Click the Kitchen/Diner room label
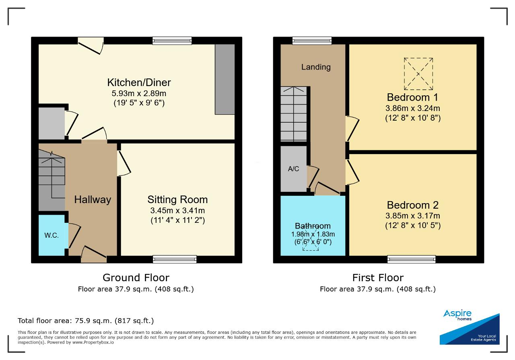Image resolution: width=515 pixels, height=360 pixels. (139, 83)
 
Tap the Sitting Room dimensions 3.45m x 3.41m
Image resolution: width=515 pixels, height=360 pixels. (177, 210)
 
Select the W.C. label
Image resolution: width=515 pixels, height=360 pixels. (51, 235)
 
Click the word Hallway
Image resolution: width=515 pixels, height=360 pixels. (93, 200)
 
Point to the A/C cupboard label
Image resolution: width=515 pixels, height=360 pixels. (293, 169)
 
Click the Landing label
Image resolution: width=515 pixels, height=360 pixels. (316, 67)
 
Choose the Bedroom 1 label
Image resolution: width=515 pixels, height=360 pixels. (413, 97)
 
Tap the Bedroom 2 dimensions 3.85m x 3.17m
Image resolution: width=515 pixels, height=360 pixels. (413, 216)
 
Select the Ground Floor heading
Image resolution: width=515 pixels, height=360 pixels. (136, 278)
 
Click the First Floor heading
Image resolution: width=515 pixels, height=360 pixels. (378, 278)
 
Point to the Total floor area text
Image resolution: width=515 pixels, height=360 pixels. (86, 321)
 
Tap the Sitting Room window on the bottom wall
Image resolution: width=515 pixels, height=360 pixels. (175, 259)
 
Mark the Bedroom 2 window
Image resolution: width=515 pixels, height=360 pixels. (411, 259)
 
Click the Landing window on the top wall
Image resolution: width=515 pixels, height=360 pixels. (312, 41)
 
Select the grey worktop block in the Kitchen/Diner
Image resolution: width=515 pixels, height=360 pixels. (225, 79)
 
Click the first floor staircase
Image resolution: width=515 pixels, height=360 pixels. (294, 114)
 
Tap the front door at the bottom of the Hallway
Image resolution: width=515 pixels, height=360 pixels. (94, 255)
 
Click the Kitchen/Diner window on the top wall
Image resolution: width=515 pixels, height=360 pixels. (172, 41)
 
